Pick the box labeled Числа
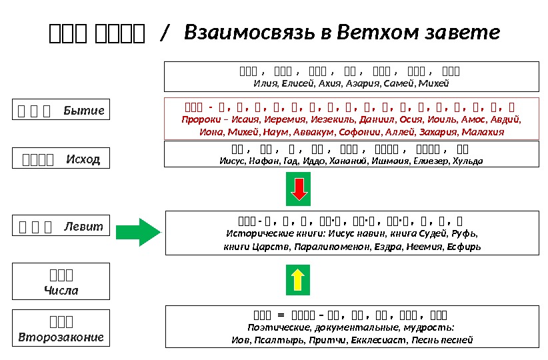[x=61, y=282]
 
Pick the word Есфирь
[x=463, y=247]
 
